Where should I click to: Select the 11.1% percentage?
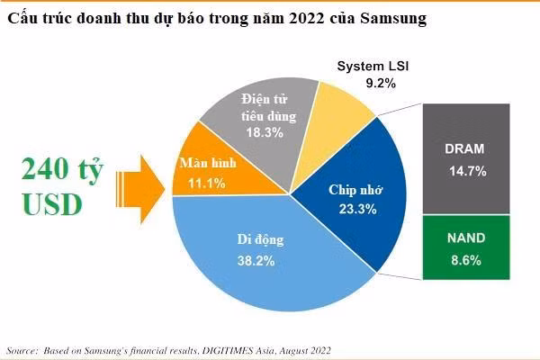point(210,183)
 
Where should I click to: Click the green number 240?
point(40,168)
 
